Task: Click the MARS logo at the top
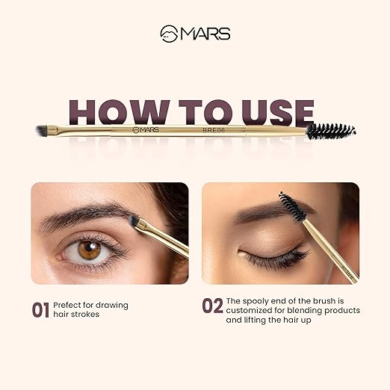pos(194,34)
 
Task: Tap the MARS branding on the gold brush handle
pos(148,130)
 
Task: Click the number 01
pos(40,309)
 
